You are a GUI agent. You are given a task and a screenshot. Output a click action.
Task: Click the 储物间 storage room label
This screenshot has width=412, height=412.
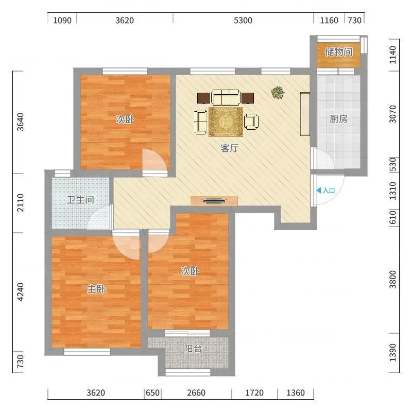click(339, 52)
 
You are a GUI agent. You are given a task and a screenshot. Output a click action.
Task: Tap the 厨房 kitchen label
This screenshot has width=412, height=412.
click(339, 119)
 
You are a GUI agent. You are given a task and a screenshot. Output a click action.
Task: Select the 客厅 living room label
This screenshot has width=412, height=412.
click(229, 148)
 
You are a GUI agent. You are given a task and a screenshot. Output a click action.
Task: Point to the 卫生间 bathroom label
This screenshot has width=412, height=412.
click(80, 200)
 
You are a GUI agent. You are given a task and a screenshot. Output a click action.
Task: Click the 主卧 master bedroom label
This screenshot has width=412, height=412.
click(96, 289)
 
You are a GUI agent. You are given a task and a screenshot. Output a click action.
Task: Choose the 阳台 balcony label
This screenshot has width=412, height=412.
click(193, 349)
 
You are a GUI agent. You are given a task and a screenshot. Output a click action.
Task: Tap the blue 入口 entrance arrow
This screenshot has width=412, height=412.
click(319, 190)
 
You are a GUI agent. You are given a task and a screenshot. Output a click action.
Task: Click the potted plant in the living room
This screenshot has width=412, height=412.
click(278, 93)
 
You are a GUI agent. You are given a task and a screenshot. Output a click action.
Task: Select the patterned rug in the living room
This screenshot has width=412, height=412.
click(226, 122)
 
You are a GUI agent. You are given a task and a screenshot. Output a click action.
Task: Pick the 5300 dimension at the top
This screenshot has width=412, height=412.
click(243, 21)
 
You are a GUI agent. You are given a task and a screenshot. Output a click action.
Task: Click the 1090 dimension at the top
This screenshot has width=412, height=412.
click(62, 21)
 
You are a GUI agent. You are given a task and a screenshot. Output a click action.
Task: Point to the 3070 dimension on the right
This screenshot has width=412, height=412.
click(392, 114)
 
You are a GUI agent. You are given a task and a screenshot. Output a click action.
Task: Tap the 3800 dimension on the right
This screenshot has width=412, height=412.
click(392, 279)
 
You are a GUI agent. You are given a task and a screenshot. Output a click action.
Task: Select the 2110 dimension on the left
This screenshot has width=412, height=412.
click(20, 203)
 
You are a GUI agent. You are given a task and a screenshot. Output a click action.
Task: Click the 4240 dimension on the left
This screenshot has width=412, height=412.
click(20, 292)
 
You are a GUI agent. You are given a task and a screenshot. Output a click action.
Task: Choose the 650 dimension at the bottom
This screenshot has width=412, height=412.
click(152, 393)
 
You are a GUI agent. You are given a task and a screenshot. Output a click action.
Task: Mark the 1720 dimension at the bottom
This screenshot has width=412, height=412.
click(254, 393)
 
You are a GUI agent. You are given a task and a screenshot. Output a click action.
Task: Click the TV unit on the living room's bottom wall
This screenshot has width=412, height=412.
click(214, 201)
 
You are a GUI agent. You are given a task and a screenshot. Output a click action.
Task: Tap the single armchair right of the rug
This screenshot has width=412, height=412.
click(251, 122)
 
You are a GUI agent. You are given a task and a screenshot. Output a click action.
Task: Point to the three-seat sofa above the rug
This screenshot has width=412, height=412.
click(226, 97)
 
